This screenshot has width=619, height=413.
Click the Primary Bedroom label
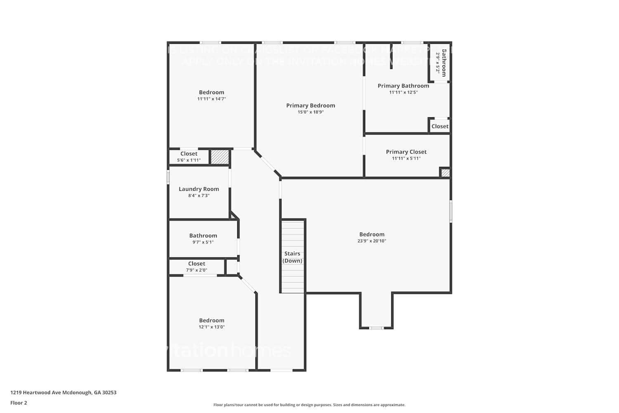[x=310, y=105]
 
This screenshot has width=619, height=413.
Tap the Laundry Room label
[x=198, y=189]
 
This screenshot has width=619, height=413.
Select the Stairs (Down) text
[x=292, y=257]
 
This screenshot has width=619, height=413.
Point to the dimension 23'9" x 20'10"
[x=371, y=241]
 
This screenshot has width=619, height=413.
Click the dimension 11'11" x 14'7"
[x=211, y=99]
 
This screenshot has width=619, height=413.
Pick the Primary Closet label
[x=406, y=152]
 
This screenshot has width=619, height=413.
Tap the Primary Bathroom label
[x=403, y=85]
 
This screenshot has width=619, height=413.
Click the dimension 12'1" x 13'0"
[x=211, y=327]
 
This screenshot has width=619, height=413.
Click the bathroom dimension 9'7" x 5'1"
[x=203, y=242]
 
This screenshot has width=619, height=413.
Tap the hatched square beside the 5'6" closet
[x=220, y=157]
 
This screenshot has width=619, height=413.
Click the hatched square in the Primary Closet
[x=445, y=173]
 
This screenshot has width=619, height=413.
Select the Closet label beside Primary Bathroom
[x=439, y=126]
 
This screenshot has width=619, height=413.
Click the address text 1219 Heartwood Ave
[x=63, y=392]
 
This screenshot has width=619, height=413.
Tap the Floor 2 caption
[x=19, y=403]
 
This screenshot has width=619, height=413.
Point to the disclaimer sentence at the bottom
[x=309, y=405]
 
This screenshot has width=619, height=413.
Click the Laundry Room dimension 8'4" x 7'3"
[x=198, y=195]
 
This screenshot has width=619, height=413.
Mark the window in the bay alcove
[x=376, y=328]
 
